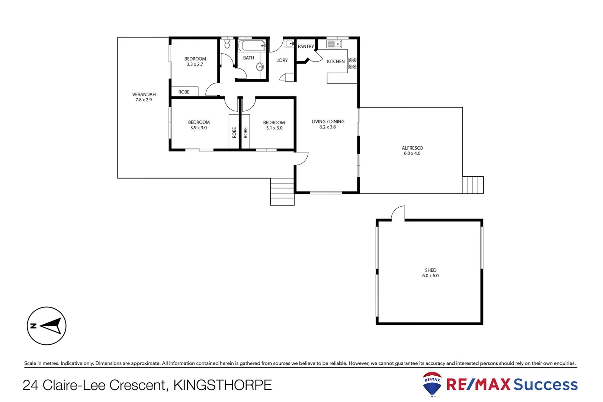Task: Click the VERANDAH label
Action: pyautogui.click(x=144, y=95)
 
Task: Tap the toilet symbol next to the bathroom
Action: pyautogui.click(x=227, y=45)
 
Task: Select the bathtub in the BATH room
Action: pyautogui.click(x=252, y=46)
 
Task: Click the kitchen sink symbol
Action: pyautogui.click(x=334, y=44)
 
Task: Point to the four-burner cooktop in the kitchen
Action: pyautogui.click(x=352, y=63)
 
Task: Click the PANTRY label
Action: pyautogui.click(x=306, y=47)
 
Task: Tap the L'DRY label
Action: pyautogui.click(x=282, y=60)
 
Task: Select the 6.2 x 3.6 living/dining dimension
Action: pyautogui.click(x=327, y=127)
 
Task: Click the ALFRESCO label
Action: pyautogui.click(x=412, y=148)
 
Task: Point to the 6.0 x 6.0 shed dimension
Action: pyautogui.click(x=430, y=276)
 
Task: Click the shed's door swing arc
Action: pyautogui.click(x=398, y=212)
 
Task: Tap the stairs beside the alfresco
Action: pyautogui.click(x=473, y=185)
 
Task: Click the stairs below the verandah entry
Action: pyautogui.click(x=282, y=192)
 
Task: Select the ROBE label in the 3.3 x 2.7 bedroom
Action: pyautogui.click(x=184, y=92)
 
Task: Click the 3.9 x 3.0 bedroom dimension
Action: pyautogui.click(x=198, y=128)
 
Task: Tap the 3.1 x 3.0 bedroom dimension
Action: pyautogui.click(x=274, y=128)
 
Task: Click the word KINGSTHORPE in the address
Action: pyautogui.click(x=222, y=385)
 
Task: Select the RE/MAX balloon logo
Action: pyautogui.click(x=432, y=384)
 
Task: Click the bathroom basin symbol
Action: pyautogui.click(x=260, y=67)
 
